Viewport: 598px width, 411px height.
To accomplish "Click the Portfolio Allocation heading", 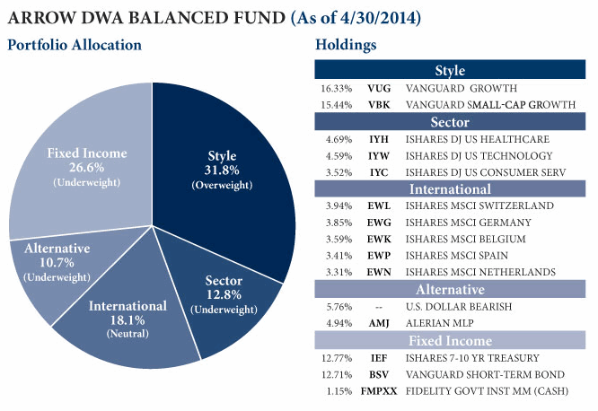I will [75, 45].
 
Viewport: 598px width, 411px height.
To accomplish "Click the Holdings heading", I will [346, 45].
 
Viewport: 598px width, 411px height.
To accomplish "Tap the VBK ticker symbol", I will [378, 105].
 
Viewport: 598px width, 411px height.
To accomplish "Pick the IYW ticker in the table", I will [378, 156].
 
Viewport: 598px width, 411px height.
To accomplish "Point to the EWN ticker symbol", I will [378, 272].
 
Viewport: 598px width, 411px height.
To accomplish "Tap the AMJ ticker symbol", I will [378, 323].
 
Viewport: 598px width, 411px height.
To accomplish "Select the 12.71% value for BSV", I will [334, 374].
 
